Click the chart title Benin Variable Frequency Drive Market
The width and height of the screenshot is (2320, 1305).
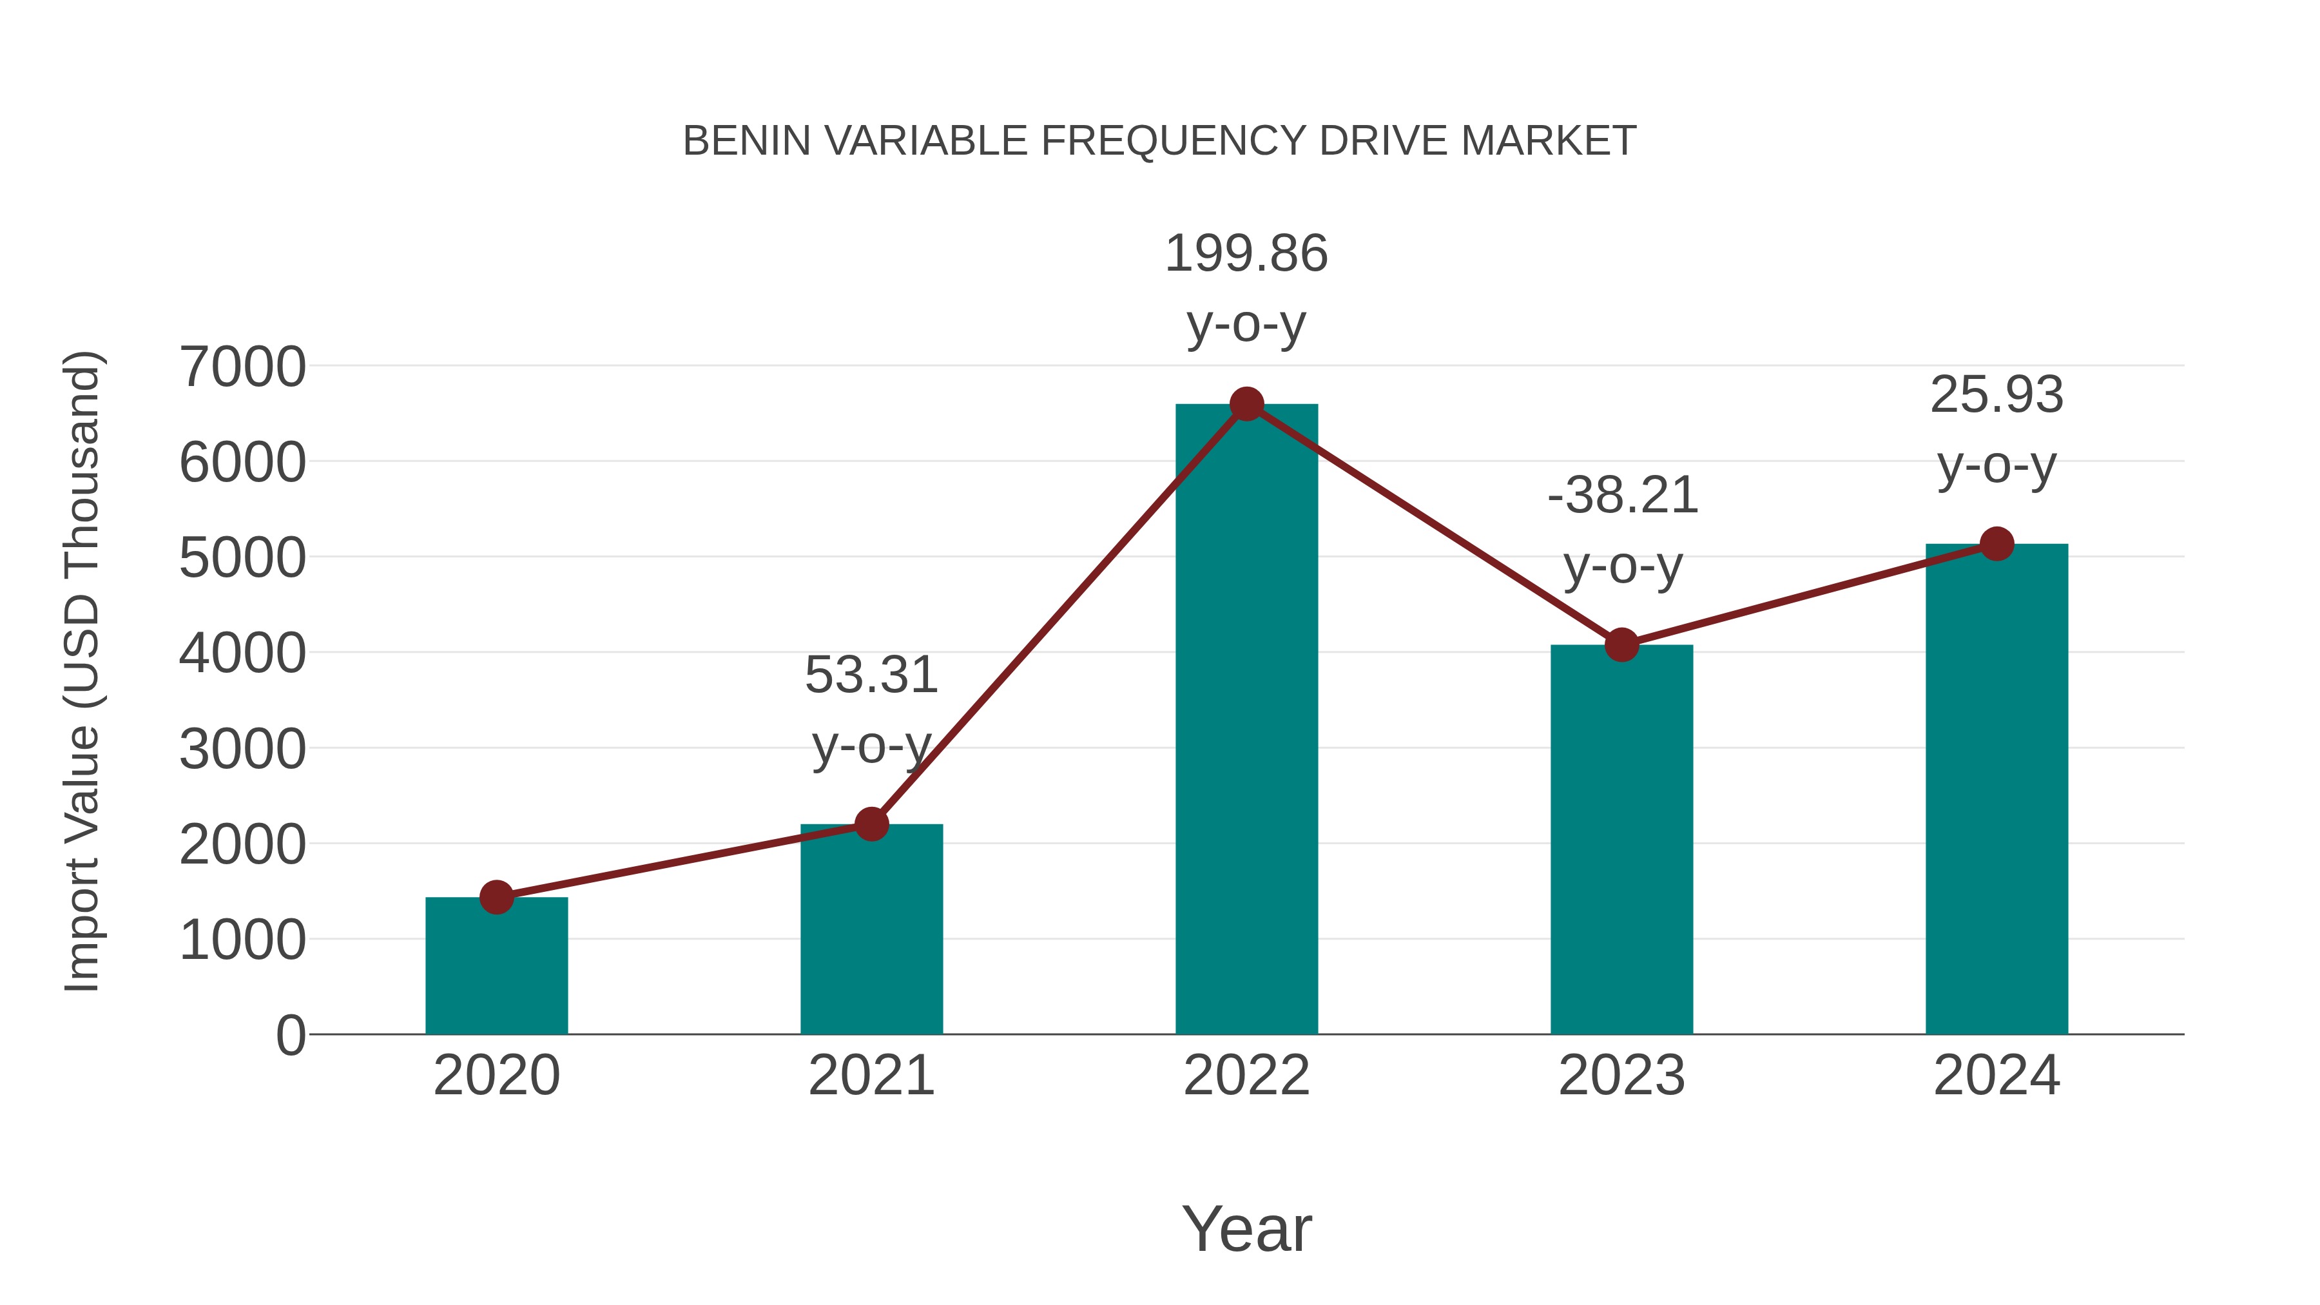pos(1159,141)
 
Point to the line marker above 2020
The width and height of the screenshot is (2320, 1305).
pos(496,897)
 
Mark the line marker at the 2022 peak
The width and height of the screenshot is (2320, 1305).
pos(1246,404)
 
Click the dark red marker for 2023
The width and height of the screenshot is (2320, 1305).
pos(1621,645)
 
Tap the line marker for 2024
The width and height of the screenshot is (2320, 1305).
pos(1996,544)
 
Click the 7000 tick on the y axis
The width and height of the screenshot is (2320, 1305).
pos(242,367)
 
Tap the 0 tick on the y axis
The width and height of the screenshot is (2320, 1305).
pos(290,1036)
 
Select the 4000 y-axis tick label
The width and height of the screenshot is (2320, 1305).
pos(242,654)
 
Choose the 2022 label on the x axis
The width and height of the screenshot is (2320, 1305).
pos(1246,1076)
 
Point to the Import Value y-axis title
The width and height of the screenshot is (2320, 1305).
pos(82,671)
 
